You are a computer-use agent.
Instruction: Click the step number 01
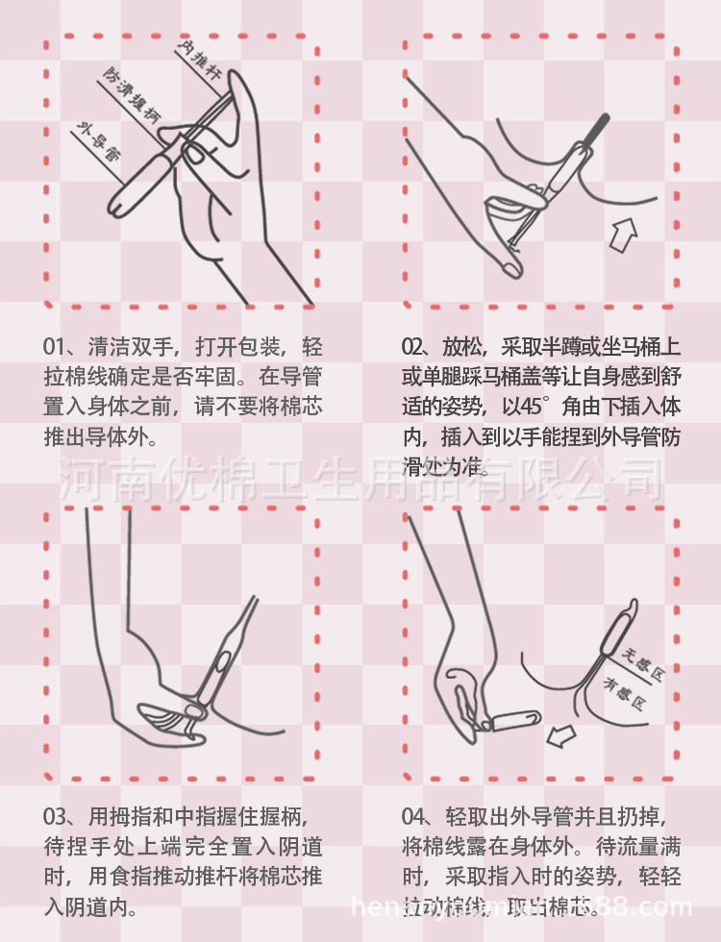[x=55, y=347]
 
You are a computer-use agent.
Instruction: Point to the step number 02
[x=413, y=347]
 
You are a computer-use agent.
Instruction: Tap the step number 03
[x=55, y=818]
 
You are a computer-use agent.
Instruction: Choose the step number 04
[x=413, y=818]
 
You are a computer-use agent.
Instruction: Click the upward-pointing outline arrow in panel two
[x=624, y=234]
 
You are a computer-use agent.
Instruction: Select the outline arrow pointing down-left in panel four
[x=559, y=736]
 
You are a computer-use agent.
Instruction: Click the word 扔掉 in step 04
[x=638, y=818]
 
